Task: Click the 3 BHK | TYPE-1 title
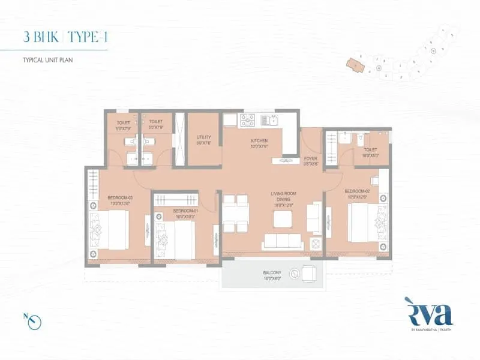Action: click(67, 37)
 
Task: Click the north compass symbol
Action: click(37, 322)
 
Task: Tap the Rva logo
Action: click(428, 314)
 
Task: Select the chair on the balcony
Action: click(308, 273)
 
